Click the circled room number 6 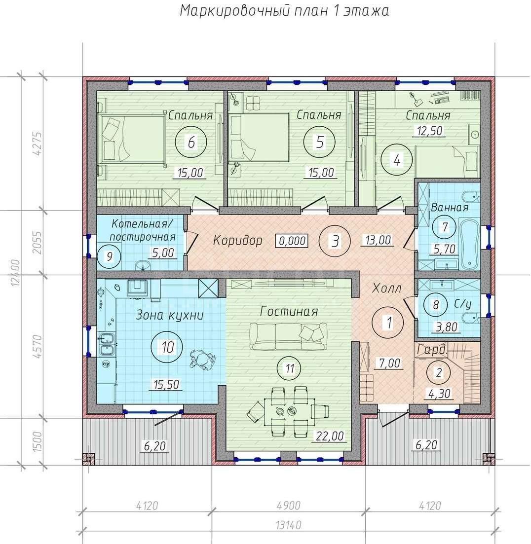coord(191,142)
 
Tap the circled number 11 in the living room coord(290,368)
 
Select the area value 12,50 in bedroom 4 coord(430,131)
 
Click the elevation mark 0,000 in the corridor coord(292,240)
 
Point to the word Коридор coord(237,240)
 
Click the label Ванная coord(449,208)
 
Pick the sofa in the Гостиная coord(288,336)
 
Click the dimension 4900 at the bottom coord(288,506)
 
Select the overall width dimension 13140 coord(288,525)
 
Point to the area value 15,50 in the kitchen coord(166,384)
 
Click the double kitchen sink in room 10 coord(107,344)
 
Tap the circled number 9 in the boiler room coord(110,257)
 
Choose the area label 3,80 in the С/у coord(446,327)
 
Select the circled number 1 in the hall coord(388,322)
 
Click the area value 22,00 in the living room coord(329,436)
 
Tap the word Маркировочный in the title coord(234,11)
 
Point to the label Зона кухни coord(169,315)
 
